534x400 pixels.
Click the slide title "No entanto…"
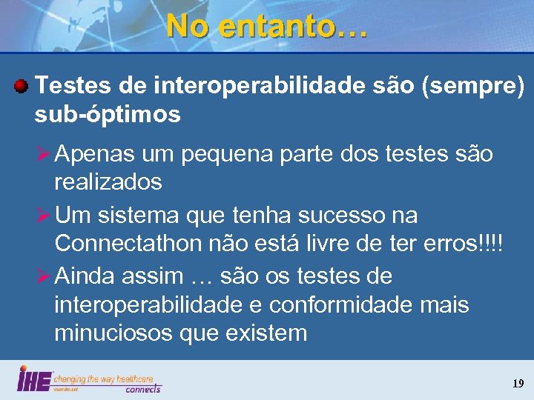click(x=266, y=26)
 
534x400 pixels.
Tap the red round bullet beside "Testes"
click(x=22, y=88)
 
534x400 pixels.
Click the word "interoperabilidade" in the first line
click(x=260, y=87)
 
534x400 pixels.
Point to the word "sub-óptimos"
click(x=107, y=114)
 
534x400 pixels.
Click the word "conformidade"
click(x=341, y=304)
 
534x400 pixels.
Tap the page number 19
click(x=517, y=384)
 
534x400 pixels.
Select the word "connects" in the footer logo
click(x=142, y=388)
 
